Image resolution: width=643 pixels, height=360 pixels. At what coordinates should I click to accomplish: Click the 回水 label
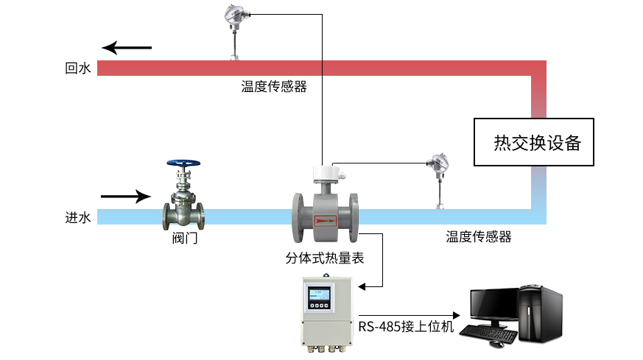pyautogui.click(x=77, y=68)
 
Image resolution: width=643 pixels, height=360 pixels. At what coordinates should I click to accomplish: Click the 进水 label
pyautogui.click(x=77, y=217)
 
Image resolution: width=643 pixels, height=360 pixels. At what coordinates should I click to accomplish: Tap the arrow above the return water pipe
pyautogui.click(x=127, y=49)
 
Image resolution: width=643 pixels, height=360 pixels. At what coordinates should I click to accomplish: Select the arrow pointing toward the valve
pyautogui.click(x=125, y=197)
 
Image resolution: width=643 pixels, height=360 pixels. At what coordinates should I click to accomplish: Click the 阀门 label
pyautogui.click(x=184, y=239)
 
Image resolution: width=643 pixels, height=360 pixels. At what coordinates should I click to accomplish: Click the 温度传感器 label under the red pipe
pyautogui.click(x=273, y=87)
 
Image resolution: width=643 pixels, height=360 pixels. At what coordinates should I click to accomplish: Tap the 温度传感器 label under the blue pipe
pyautogui.click(x=478, y=237)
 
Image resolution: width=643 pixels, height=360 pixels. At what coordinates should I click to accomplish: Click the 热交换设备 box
pyautogui.click(x=533, y=142)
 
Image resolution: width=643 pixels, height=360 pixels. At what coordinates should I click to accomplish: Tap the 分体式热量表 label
pyautogui.click(x=324, y=258)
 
